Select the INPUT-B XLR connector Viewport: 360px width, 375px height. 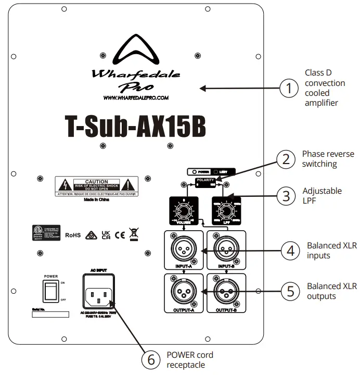point(226,248)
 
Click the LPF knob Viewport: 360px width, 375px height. point(225,211)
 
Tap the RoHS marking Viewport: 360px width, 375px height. point(73,235)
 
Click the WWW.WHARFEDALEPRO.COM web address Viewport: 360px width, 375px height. point(136,97)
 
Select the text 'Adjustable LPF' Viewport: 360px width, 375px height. point(323,196)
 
